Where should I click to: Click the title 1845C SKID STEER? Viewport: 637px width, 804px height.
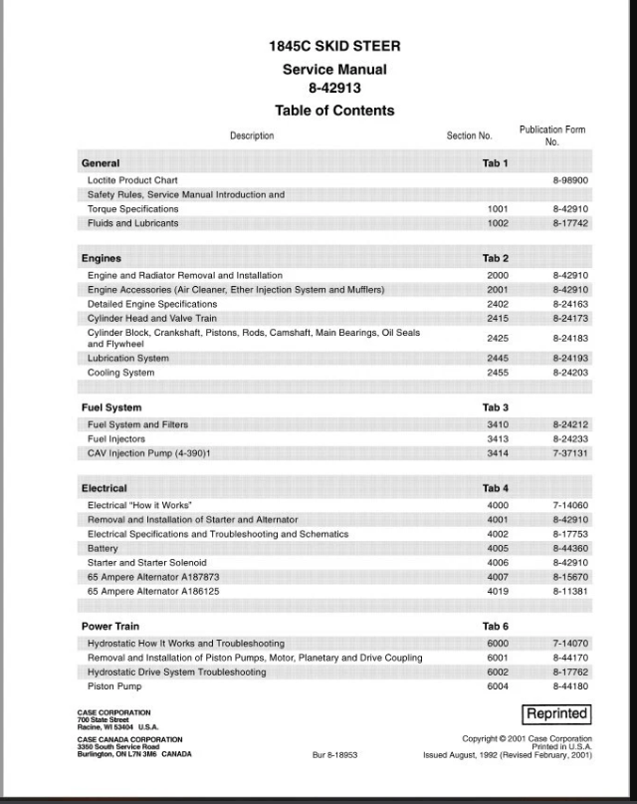pyautogui.click(x=334, y=47)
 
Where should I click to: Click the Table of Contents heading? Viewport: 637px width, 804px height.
pyautogui.click(x=334, y=111)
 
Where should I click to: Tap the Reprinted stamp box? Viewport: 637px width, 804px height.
pyautogui.click(x=557, y=714)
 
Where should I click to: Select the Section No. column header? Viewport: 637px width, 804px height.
pyautogui.click(x=469, y=136)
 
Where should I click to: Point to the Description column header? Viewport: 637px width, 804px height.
pyautogui.click(x=252, y=136)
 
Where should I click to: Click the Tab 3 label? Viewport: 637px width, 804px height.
pyautogui.click(x=496, y=407)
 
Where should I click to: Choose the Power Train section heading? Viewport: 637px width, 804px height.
pyautogui.click(x=110, y=627)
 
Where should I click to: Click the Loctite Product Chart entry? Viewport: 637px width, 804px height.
pyautogui.click(x=132, y=180)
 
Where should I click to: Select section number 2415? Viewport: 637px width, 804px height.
pyautogui.click(x=498, y=319)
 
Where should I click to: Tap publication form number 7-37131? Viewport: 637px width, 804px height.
pyautogui.click(x=570, y=453)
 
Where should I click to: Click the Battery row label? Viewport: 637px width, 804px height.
pyautogui.click(x=103, y=549)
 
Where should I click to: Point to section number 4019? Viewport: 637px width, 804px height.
pyautogui.click(x=498, y=591)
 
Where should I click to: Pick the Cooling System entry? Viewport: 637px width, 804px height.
pyautogui.click(x=121, y=373)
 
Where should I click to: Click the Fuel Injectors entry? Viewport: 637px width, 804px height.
pyautogui.click(x=116, y=439)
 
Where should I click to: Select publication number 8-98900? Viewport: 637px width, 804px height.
pyautogui.click(x=570, y=180)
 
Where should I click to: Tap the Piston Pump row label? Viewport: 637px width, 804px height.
pyautogui.click(x=115, y=686)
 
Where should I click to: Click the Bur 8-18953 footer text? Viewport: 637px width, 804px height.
pyautogui.click(x=334, y=755)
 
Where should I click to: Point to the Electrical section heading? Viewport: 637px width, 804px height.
pyautogui.click(x=105, y=488)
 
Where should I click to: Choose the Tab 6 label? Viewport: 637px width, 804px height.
pyautogui.click(x=496, y=627)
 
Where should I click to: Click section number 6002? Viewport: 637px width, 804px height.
pyautogui.click(x=498, y=672)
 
